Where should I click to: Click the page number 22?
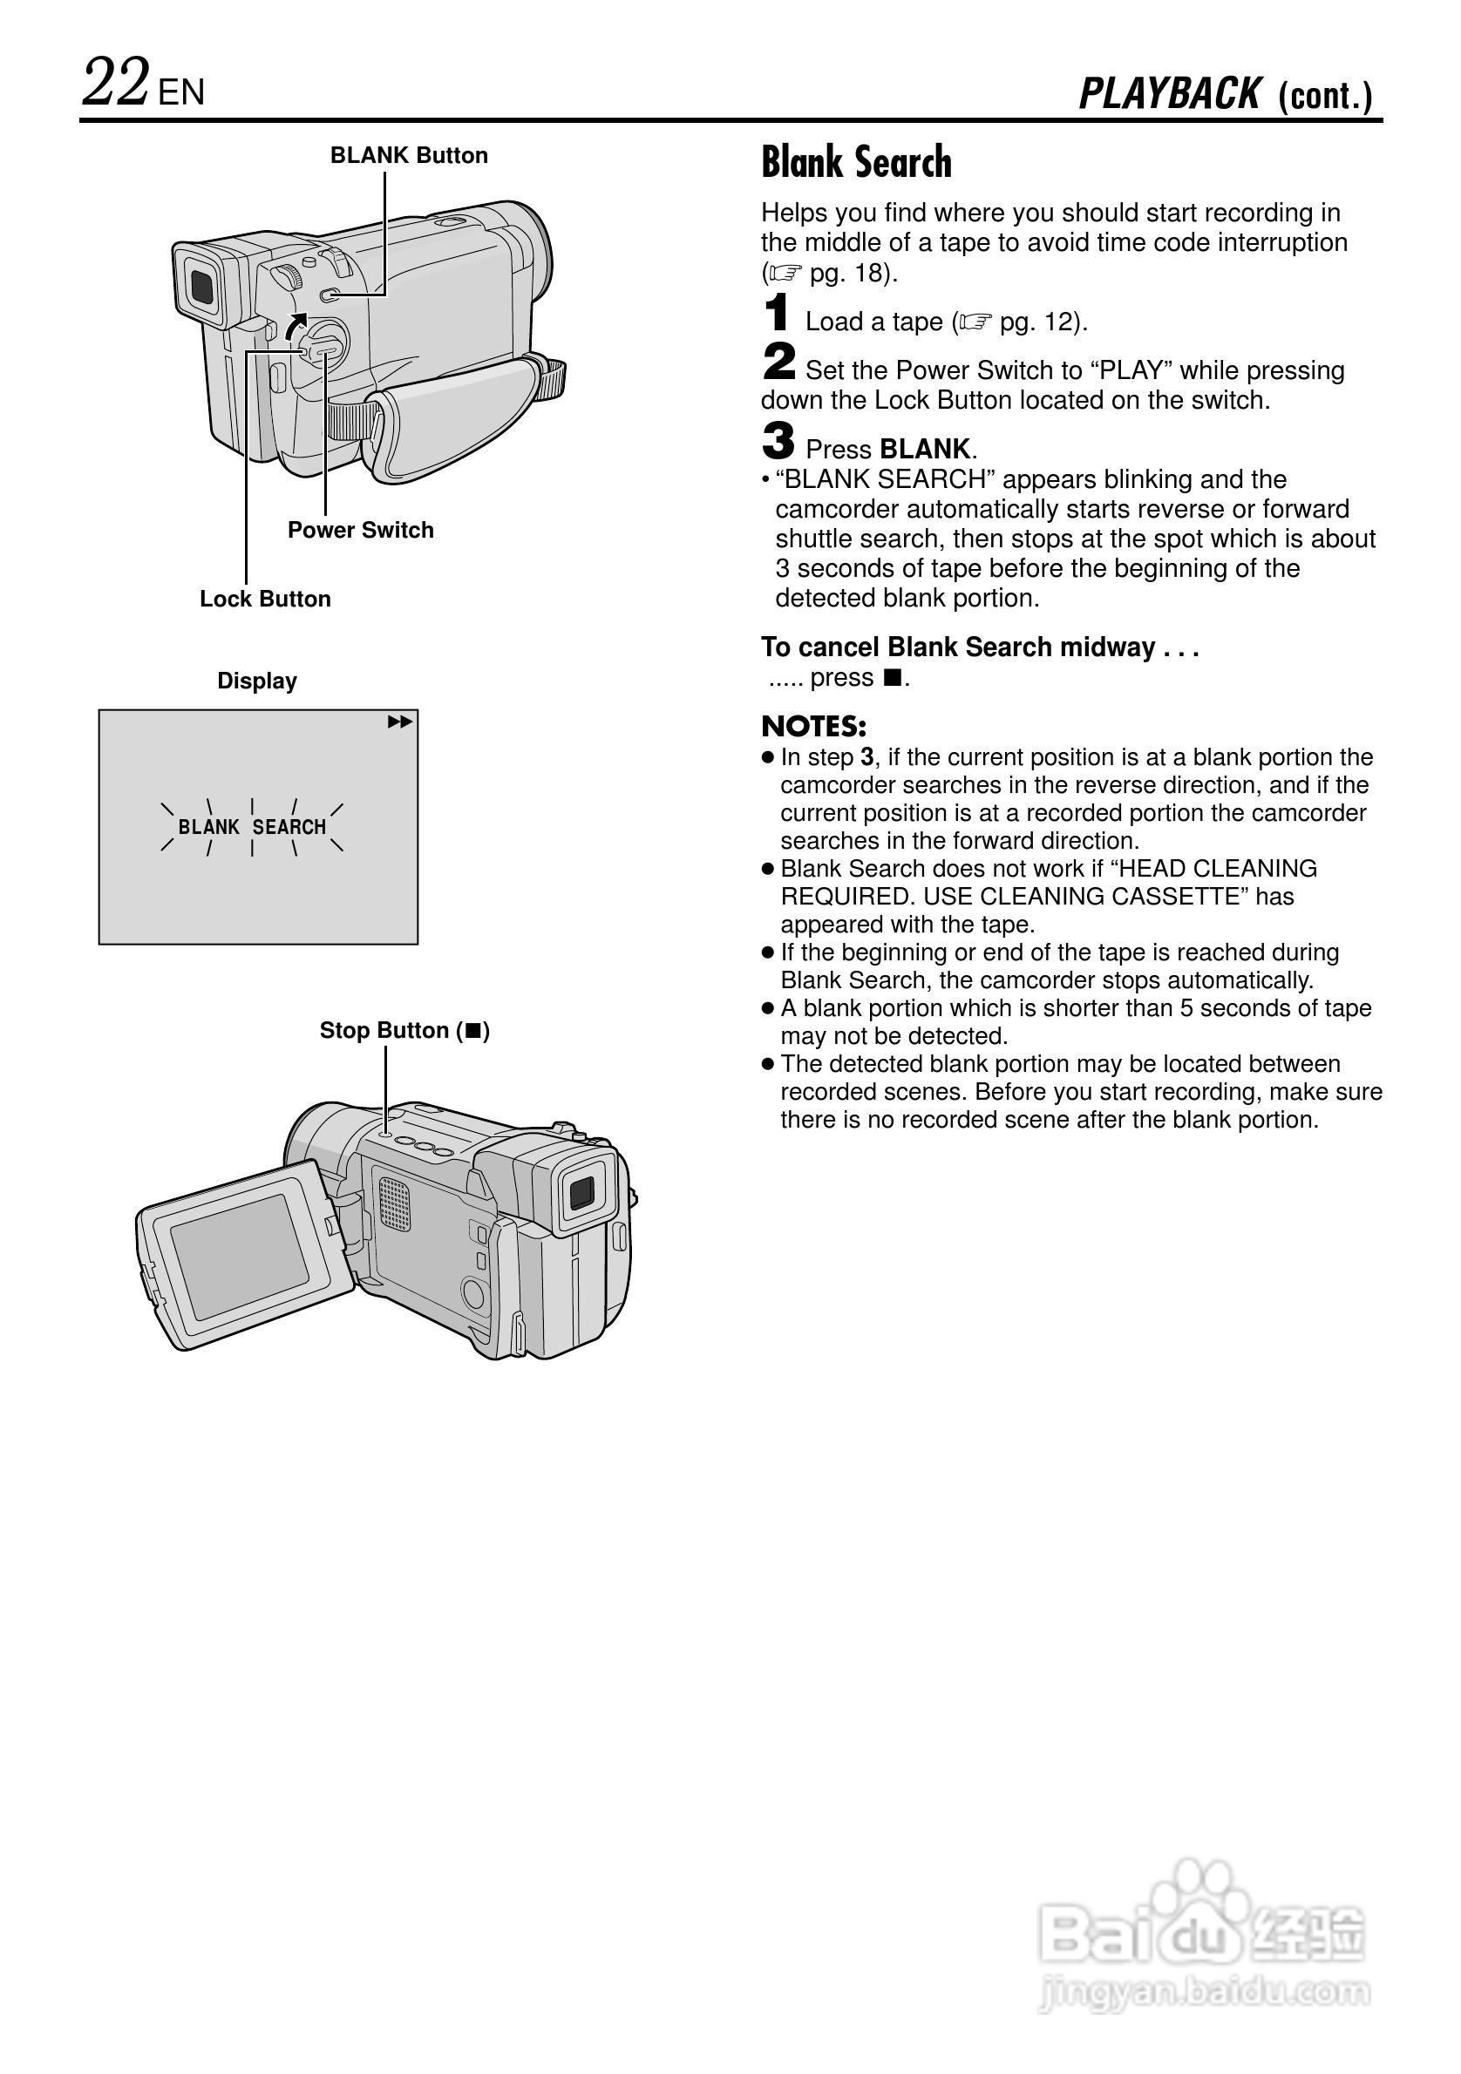pos(116,83)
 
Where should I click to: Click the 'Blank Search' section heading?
pos(856,163)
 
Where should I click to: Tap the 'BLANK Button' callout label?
pos(408,155)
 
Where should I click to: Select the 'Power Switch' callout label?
pos(361,530)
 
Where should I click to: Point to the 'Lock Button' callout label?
pos(265,599)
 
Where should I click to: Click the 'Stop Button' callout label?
pos(404,1031)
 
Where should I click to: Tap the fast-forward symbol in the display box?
pos(399,722)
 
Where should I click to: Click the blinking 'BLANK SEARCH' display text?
pos(252,826)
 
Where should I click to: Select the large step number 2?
pos(778,363)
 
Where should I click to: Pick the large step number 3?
pos(778,442)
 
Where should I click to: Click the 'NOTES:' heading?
pos(813,726)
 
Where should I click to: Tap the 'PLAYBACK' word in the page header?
pos(1169,94)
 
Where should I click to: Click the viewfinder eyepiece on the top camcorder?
pos(202,286)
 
